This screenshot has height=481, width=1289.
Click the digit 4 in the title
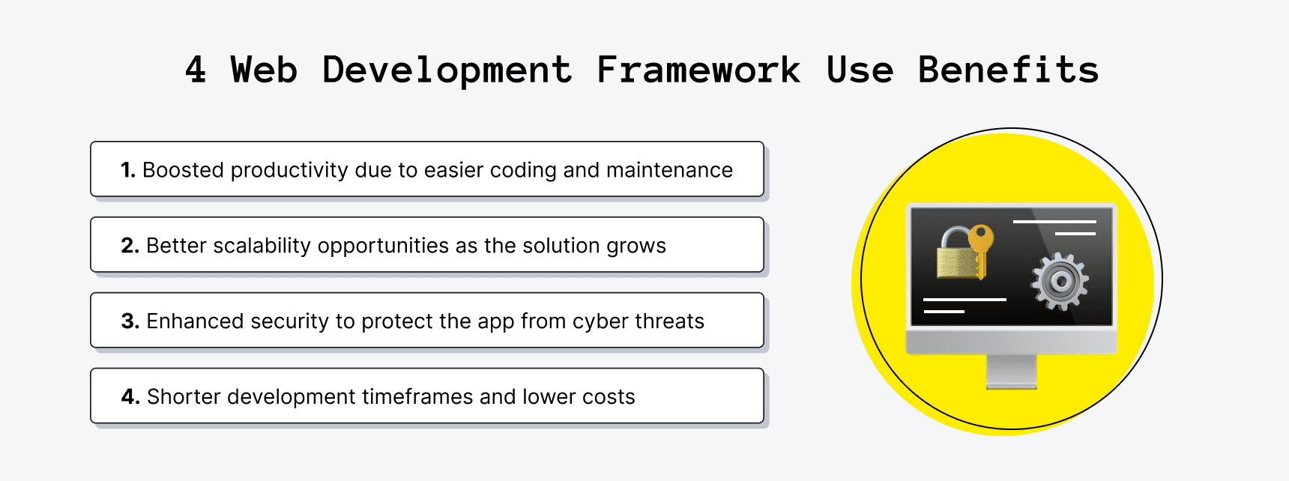pyautogui.click(x=196, y=70)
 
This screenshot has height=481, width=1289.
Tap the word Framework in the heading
pyautogui.click(x=698, y=70)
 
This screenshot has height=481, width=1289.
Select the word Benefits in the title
pyautogui.click(x=1008, y=70)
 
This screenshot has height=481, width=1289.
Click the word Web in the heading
pyautogui.click(x=264, y=70)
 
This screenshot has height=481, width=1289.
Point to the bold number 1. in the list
pyautogui.click(x=128, y=170)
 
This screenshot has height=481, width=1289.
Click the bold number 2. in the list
pyautogui.click(x=130, y=246)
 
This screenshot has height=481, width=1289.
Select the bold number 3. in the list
pyautogui.click(x=130, y=321)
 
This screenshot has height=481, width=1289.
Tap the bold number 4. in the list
pyautogui.click(x=130, y=397)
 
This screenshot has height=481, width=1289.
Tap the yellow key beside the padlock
pyautogui.click(x=980, y=247)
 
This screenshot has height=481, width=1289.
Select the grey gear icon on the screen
pyautogui.click(x=1060, y=282)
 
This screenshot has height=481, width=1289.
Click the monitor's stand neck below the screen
pyautogui.click(x=1011, y=370)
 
